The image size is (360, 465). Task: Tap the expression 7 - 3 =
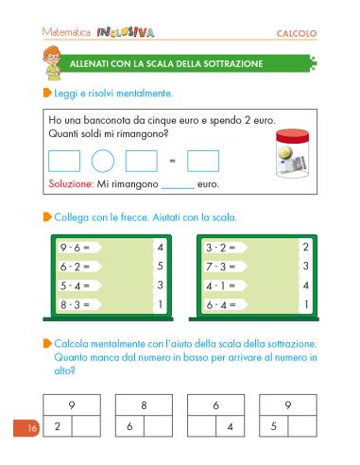click(226, 267)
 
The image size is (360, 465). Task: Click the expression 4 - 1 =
click(226, 285)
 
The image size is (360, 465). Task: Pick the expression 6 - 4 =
click(226, 304)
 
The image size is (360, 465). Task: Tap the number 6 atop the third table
click(215, 405)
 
